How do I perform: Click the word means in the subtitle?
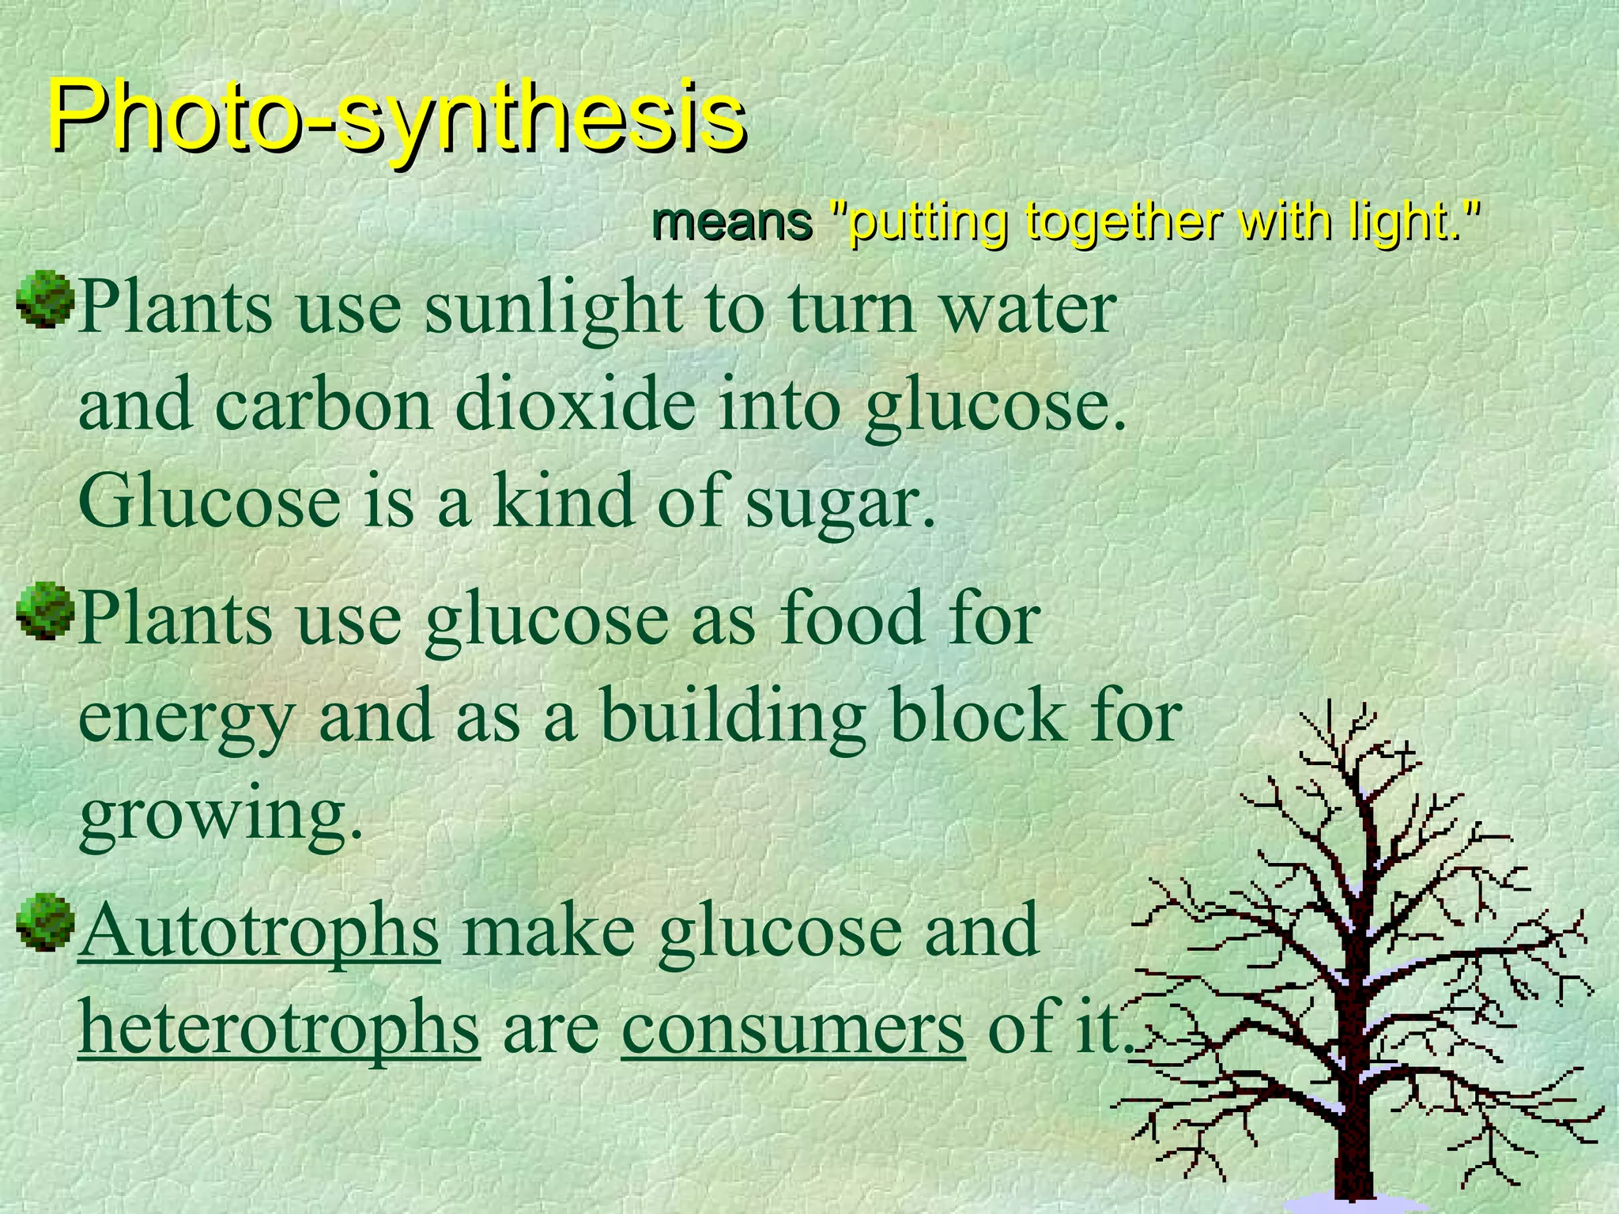[x=731, y=222]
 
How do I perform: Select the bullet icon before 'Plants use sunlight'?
[x=45, y=299]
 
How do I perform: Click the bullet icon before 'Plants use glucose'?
[x=45, y=610]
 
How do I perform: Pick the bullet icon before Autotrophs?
[x=45, y=922]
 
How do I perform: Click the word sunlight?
[x=553, y=310]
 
